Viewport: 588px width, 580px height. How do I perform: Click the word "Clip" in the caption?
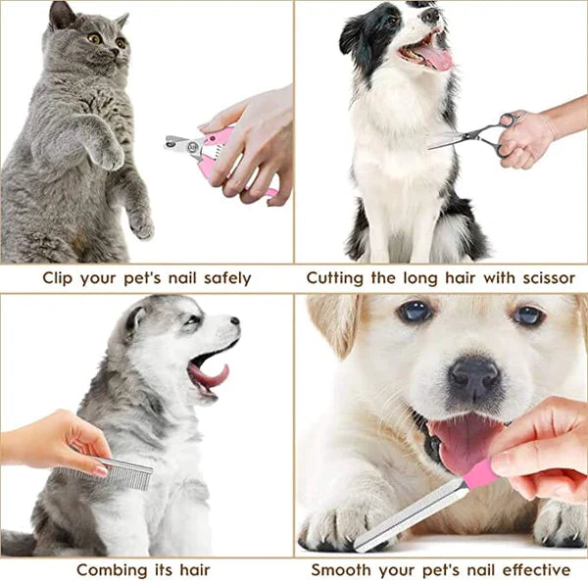pos(60,278)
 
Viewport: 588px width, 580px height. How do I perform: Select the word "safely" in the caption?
pos(221,278)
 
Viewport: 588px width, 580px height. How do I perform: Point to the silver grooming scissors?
pos(468,136)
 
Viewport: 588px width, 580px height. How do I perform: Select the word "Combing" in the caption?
pos(111,569)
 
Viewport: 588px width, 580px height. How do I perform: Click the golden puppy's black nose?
pos(474,376)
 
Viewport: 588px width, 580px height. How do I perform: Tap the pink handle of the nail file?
pos(479,474)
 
